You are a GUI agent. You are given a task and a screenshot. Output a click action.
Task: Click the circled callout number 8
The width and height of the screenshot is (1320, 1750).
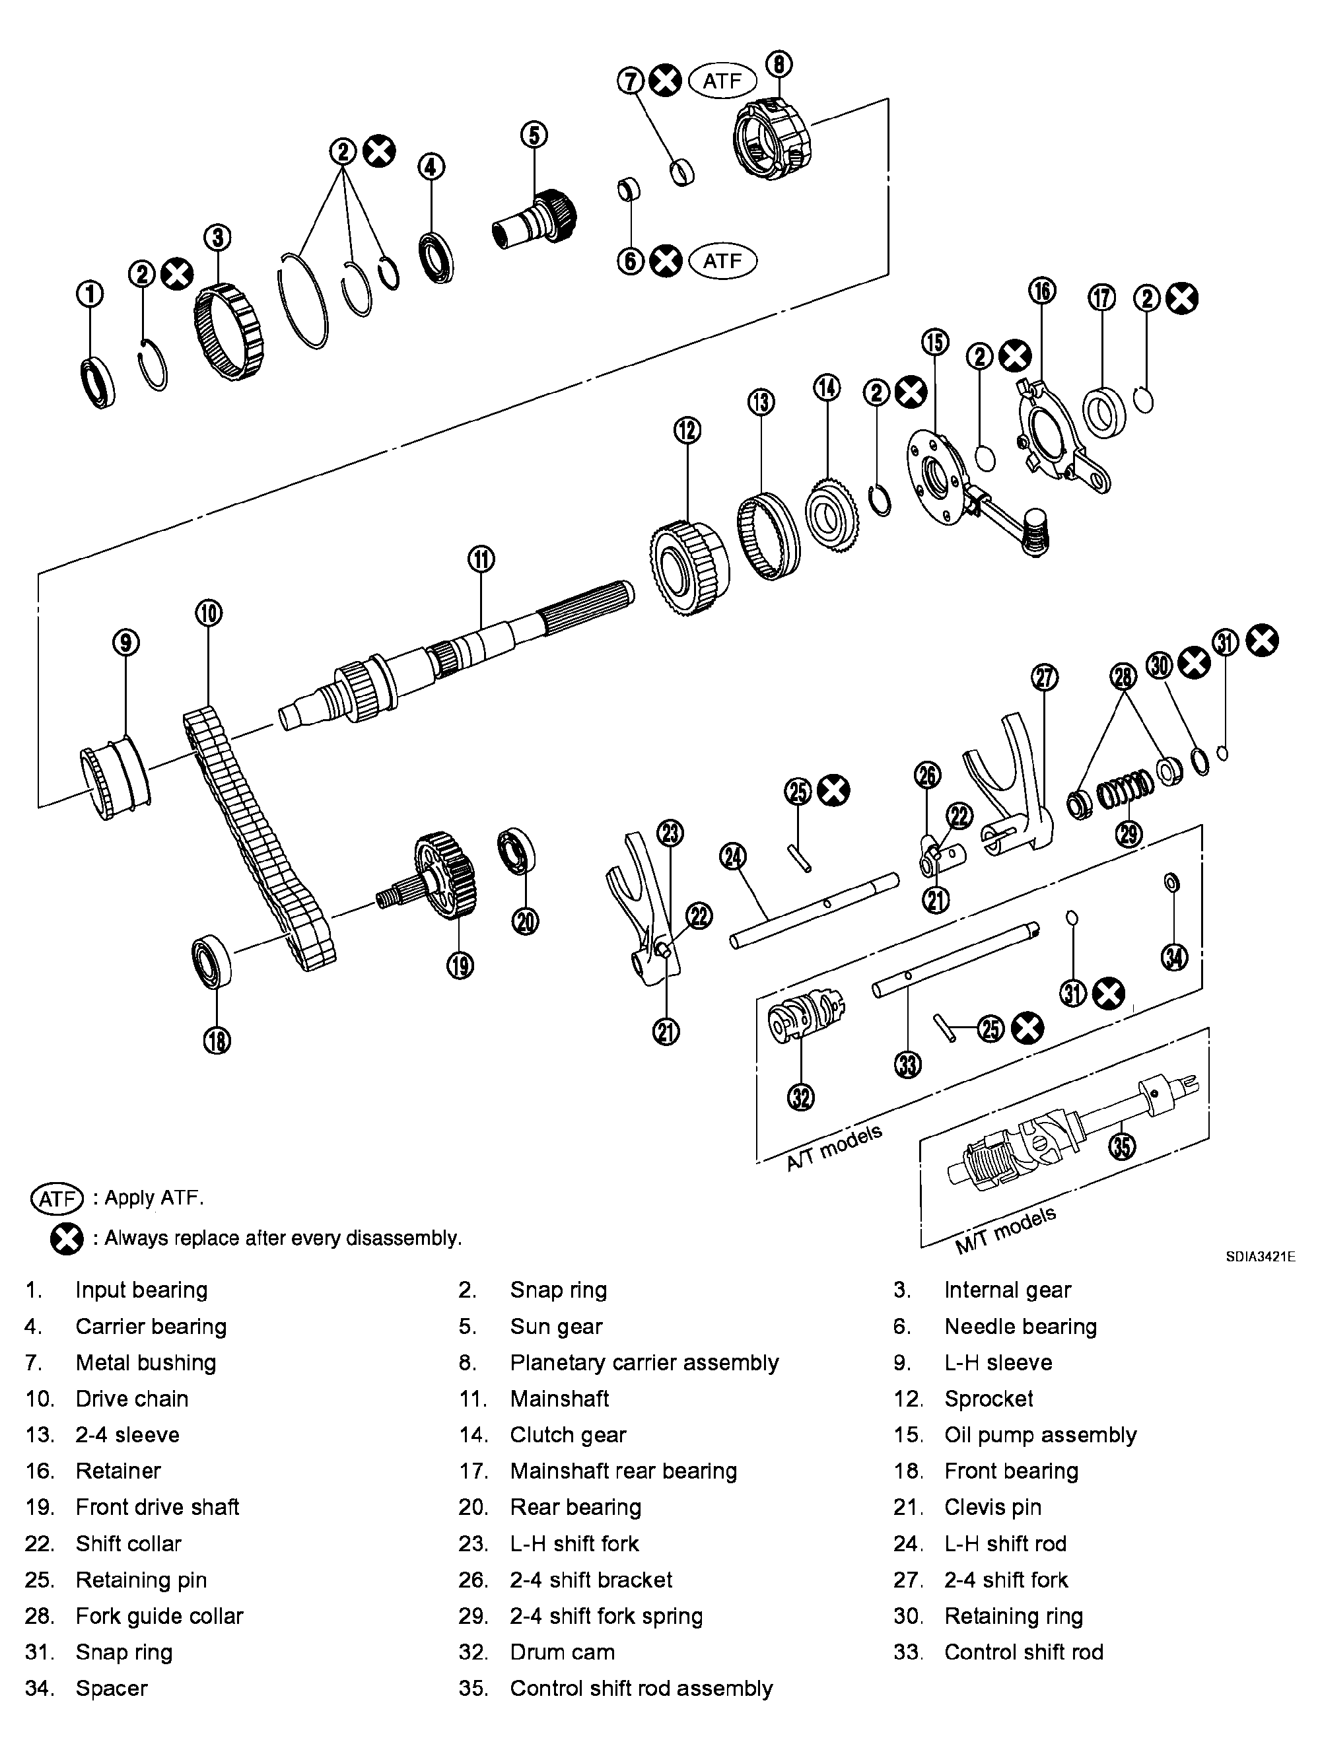tap(779, 64)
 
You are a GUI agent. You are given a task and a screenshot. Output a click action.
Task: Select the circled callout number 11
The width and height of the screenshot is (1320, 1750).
tap(481, 559)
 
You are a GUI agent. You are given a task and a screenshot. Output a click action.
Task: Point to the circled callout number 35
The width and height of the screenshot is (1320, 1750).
tap(1121, 1146)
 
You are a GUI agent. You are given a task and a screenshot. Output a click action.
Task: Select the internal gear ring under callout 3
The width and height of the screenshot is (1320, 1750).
tap(228, 332)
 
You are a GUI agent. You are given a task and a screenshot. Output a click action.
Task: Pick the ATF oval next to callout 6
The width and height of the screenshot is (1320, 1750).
tap(722, 260)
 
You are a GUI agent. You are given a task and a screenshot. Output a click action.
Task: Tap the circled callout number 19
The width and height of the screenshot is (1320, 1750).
tap(460, 965)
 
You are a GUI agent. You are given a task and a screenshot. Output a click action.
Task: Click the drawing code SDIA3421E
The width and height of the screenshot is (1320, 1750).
tap(1260, 1256)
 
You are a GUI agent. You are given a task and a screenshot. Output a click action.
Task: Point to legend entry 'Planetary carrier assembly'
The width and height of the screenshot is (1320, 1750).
tap(644, 1362)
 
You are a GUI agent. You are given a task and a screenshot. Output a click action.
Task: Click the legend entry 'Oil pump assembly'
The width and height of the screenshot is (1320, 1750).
tap(1039, 1434)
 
